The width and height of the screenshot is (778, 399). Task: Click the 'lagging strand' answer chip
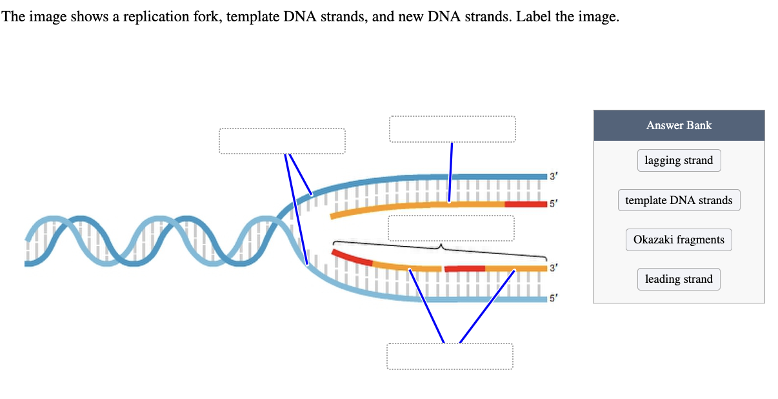679,161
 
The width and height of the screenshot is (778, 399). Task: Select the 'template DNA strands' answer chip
679,200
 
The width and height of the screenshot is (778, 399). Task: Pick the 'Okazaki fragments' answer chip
679,240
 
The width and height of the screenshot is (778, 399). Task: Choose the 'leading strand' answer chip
679,279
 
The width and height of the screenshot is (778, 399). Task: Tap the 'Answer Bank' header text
679,125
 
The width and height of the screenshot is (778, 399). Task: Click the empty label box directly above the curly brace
451,228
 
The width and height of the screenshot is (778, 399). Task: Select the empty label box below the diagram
450,356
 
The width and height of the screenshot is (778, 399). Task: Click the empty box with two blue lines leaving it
282,141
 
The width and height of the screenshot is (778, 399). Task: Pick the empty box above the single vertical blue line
452,129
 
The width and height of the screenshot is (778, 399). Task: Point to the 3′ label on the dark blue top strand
552,175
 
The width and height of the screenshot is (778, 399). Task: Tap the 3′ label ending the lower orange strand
552,267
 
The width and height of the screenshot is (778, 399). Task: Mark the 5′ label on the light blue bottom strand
552,299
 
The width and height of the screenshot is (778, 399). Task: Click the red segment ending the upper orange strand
526,205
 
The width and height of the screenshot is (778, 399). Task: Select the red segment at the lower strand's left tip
352,257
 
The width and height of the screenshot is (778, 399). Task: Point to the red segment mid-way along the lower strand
464,268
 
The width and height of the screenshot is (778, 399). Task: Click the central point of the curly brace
441,246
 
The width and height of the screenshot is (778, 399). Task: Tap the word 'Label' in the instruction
534,17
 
